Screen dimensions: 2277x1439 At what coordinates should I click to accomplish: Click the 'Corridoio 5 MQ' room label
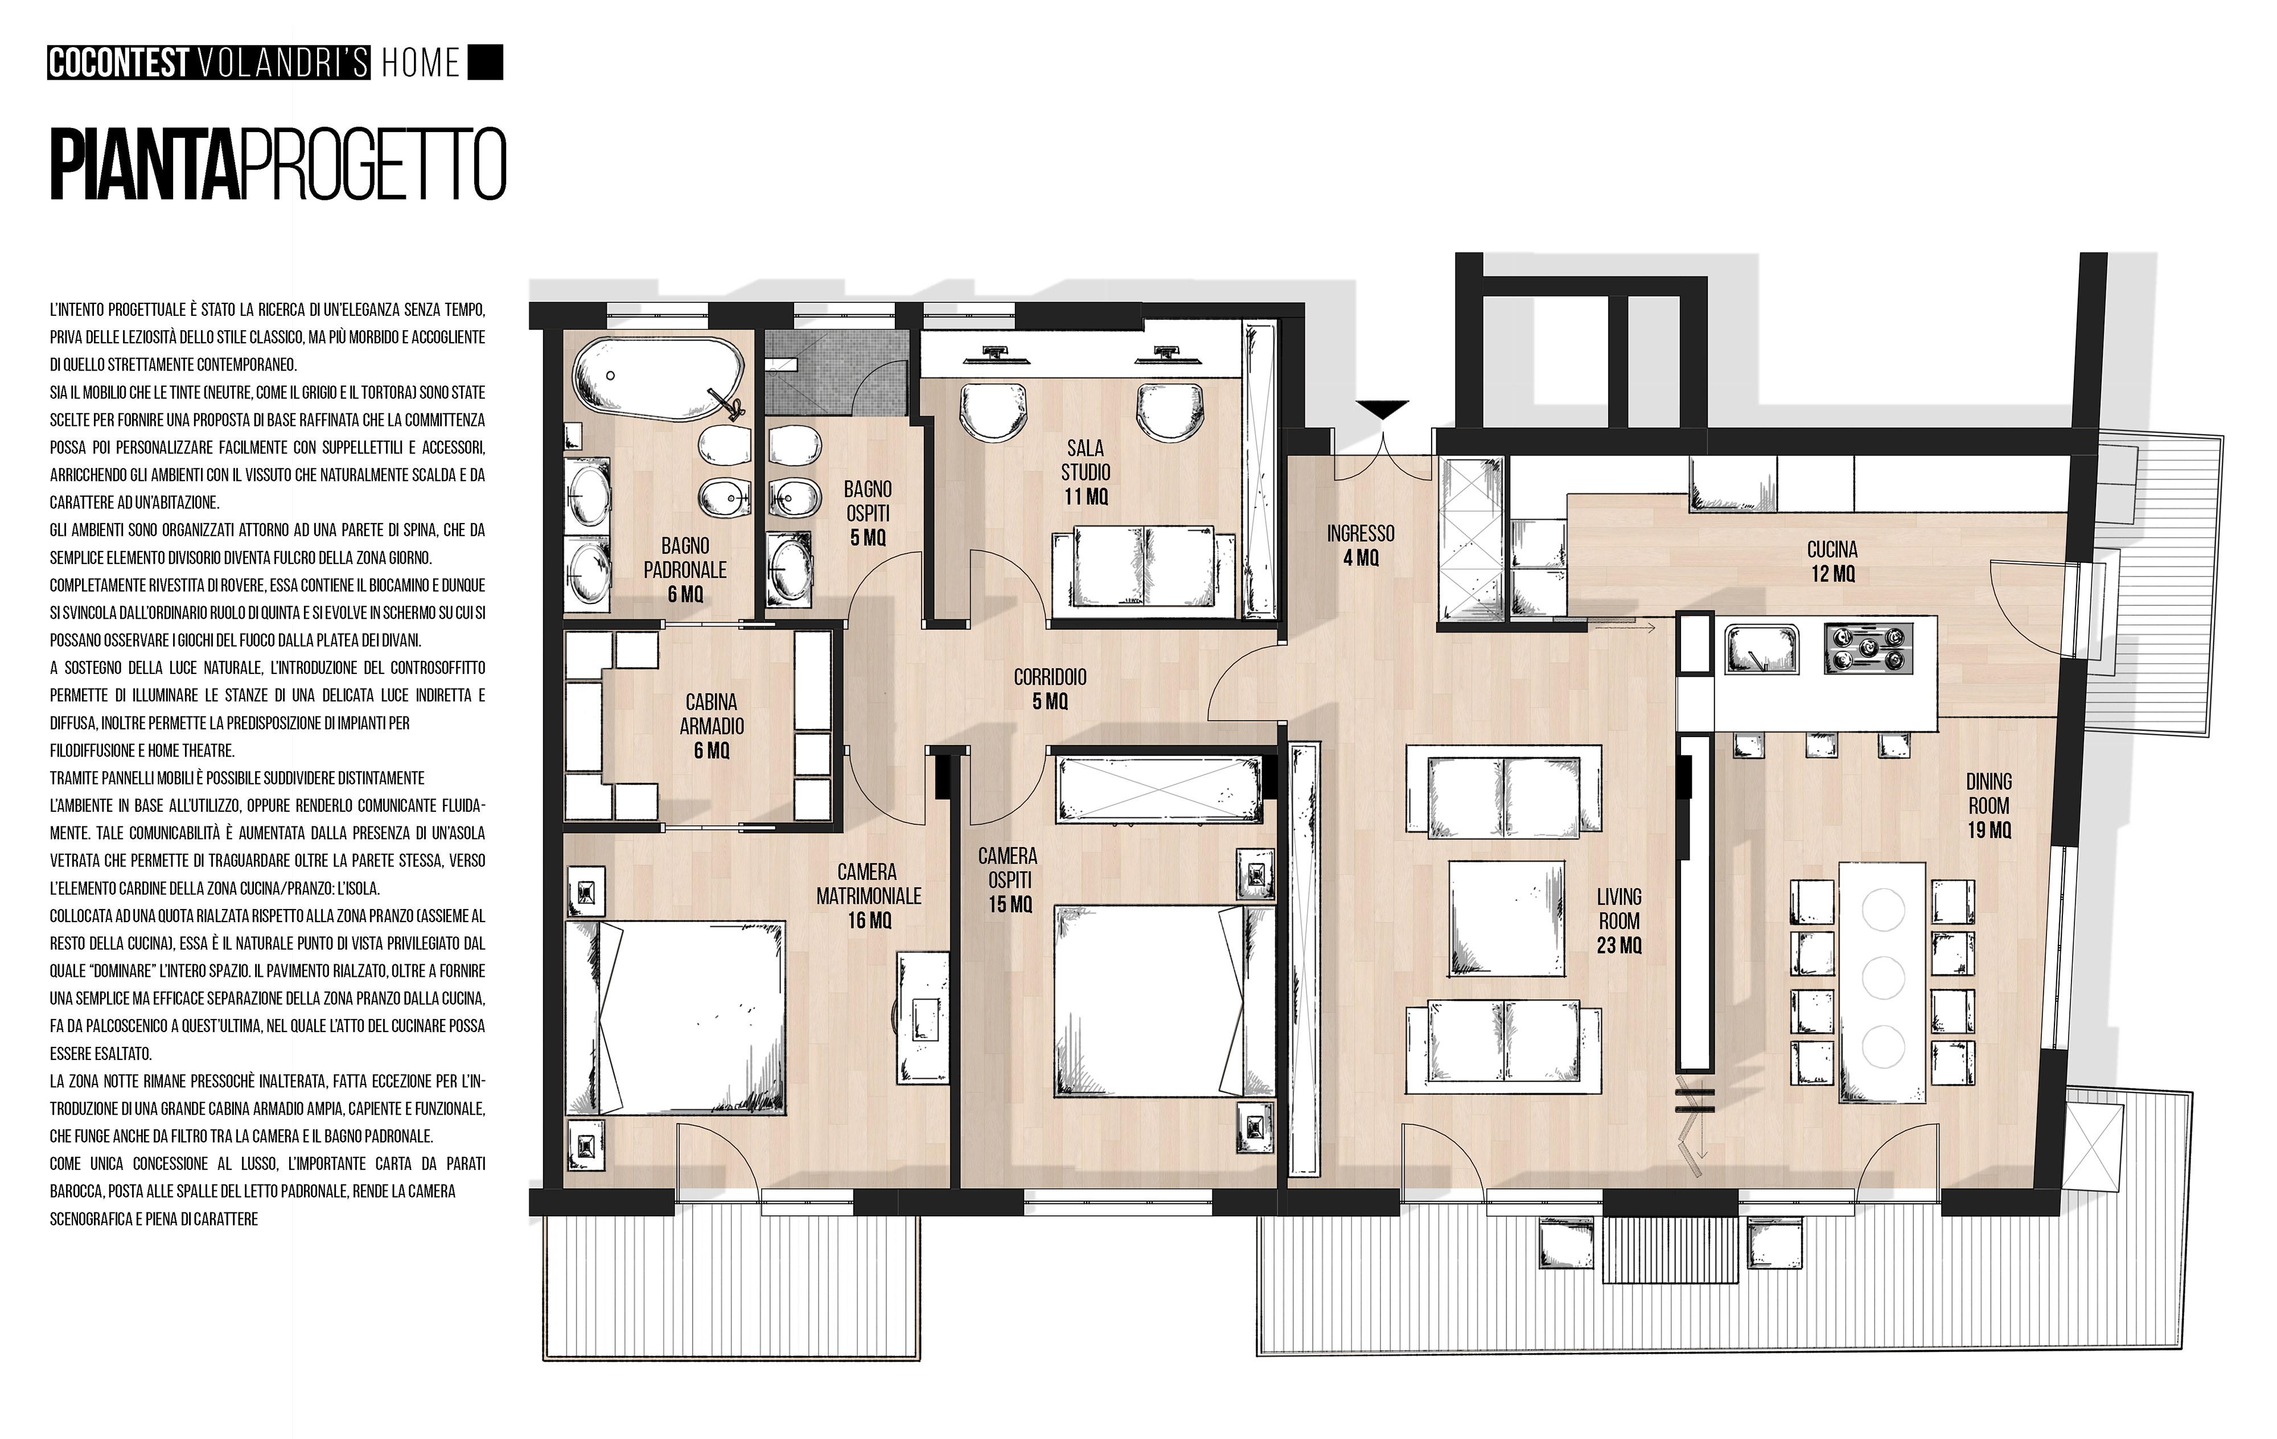pyautogui.click(x=1050, y=689)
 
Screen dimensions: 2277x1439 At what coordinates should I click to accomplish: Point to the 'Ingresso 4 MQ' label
pyautogui.click(x=1361, y=545)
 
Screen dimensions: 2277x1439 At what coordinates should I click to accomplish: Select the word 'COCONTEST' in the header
pyautogui.click(x=118, y=63)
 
